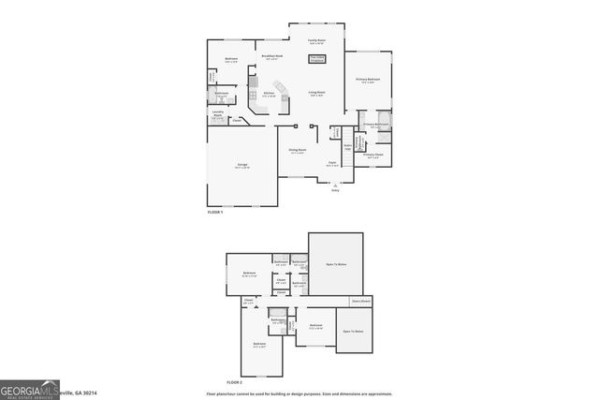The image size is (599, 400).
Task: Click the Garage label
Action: (x=241, y=166)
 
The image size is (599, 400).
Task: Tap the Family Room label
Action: (x=317, y=41)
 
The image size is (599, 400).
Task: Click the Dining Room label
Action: (x=297, y=152)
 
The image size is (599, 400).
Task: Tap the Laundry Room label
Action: (x=217, y=117)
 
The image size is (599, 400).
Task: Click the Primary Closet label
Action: (x=373, y=156)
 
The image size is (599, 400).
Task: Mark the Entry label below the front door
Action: (x=334, y=191)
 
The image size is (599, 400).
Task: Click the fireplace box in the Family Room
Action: (x=317, y=58)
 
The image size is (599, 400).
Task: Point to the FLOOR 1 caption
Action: (x=216, y=214)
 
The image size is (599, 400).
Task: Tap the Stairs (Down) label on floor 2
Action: (x=361, y=302)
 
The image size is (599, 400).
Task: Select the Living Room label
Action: (x=317, y=93)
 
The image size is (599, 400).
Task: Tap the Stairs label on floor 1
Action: (x=347, y=147)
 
